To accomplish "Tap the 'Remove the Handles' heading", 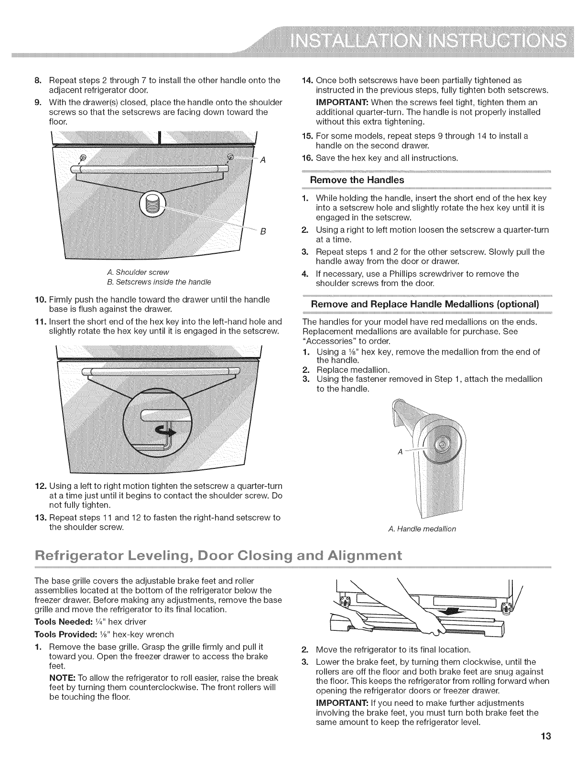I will click(x=357, y=180).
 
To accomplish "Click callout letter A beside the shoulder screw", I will click(x=262, y=161).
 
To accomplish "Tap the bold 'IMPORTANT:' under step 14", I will click(x=341, y=102).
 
